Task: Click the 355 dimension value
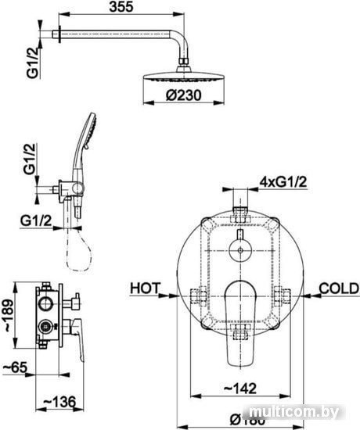click(x=121, y=6)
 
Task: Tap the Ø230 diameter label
click(x=183, y=95)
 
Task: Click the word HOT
click(x=145, y=288)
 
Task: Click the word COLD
click(x=339, y=288)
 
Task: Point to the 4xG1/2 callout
click(x=283, y=182)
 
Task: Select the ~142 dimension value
click(x=240, y=389)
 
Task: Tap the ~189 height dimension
click(x=9, y=315)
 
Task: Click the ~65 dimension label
click(x=15, y=367)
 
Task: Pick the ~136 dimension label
click(x=59, y=403)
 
